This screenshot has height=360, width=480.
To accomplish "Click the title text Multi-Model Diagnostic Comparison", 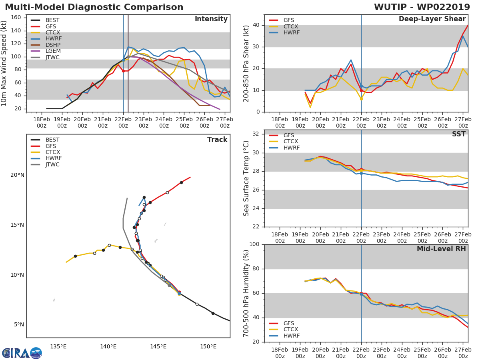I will pyautogui.click(x=94, y=7).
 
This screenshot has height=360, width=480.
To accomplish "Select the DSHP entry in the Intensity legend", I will pyautogui.click(x=52, y=45).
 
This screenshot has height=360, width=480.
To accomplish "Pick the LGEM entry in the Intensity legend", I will pyautogui.click(x=52, y=51).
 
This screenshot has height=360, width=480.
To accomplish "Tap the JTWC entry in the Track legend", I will pyautogui.click(x=52, y=165).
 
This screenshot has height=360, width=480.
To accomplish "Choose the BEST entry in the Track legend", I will pyautogui.click(x=52, y=140).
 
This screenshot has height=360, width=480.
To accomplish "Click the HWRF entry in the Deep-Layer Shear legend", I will pyautogui.click(x=291, y=32).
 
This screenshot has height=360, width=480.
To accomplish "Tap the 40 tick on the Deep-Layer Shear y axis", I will pyautogui.click(x=256, y=25).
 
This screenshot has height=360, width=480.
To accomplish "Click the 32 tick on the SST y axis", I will pyautogui.click(x=256, y=134).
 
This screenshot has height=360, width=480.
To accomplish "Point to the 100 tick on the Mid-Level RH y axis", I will pyautogui.click(x=254, y=244).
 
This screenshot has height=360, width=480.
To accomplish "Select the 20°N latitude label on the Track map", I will pyautogui.click(x=17, y=175).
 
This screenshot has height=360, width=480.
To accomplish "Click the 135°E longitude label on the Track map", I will pyautogui.click(x=58, y=346).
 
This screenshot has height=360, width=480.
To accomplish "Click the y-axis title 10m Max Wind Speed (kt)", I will pyautogui.click(x=4, y=63).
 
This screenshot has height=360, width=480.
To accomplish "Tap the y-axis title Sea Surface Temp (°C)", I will pyautogui.click(x=246, y=178).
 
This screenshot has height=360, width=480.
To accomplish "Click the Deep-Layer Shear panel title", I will pyautogui.click(x=432, y=19).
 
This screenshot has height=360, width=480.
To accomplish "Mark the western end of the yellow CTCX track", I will pyautogui.click(x=66, y=262).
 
